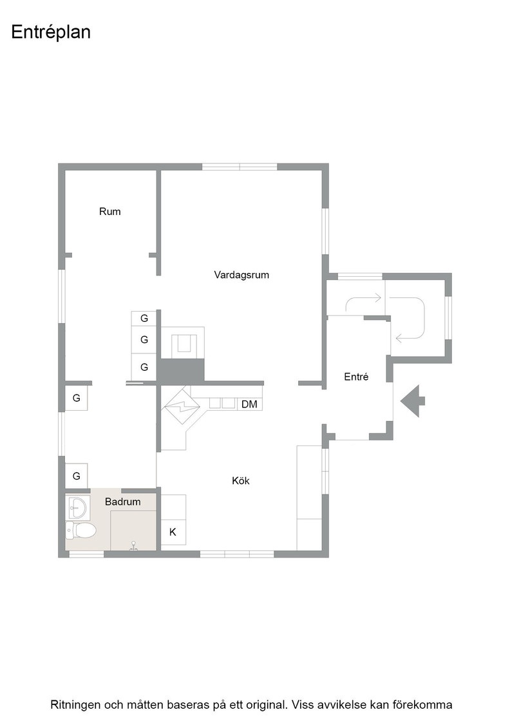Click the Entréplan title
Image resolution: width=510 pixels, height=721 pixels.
click(51, 32)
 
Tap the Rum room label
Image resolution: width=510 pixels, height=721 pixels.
click(110, 212)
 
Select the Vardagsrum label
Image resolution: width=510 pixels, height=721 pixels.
click(241, 275)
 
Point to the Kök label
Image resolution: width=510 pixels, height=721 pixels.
click(241, 480)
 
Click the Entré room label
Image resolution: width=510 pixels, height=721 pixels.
click(356, 377)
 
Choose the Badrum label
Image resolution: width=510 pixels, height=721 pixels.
click(123, 501)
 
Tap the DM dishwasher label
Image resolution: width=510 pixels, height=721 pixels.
click(249, 404)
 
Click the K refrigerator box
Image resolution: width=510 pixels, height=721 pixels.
click(173, 532)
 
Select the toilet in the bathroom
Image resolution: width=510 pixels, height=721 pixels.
click(80, 530)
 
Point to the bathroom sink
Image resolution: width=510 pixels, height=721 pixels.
click(76, 507)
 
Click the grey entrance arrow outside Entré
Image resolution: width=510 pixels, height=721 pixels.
click(413, 400)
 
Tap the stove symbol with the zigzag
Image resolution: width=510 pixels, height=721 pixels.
click(183, 406)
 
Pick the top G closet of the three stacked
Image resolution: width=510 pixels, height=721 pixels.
click(144, 318)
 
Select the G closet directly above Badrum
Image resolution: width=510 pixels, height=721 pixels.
click(77, 476)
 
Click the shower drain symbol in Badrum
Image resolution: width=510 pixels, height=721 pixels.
click(134, 545)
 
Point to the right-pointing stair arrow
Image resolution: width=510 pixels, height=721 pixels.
click(363, 301)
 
